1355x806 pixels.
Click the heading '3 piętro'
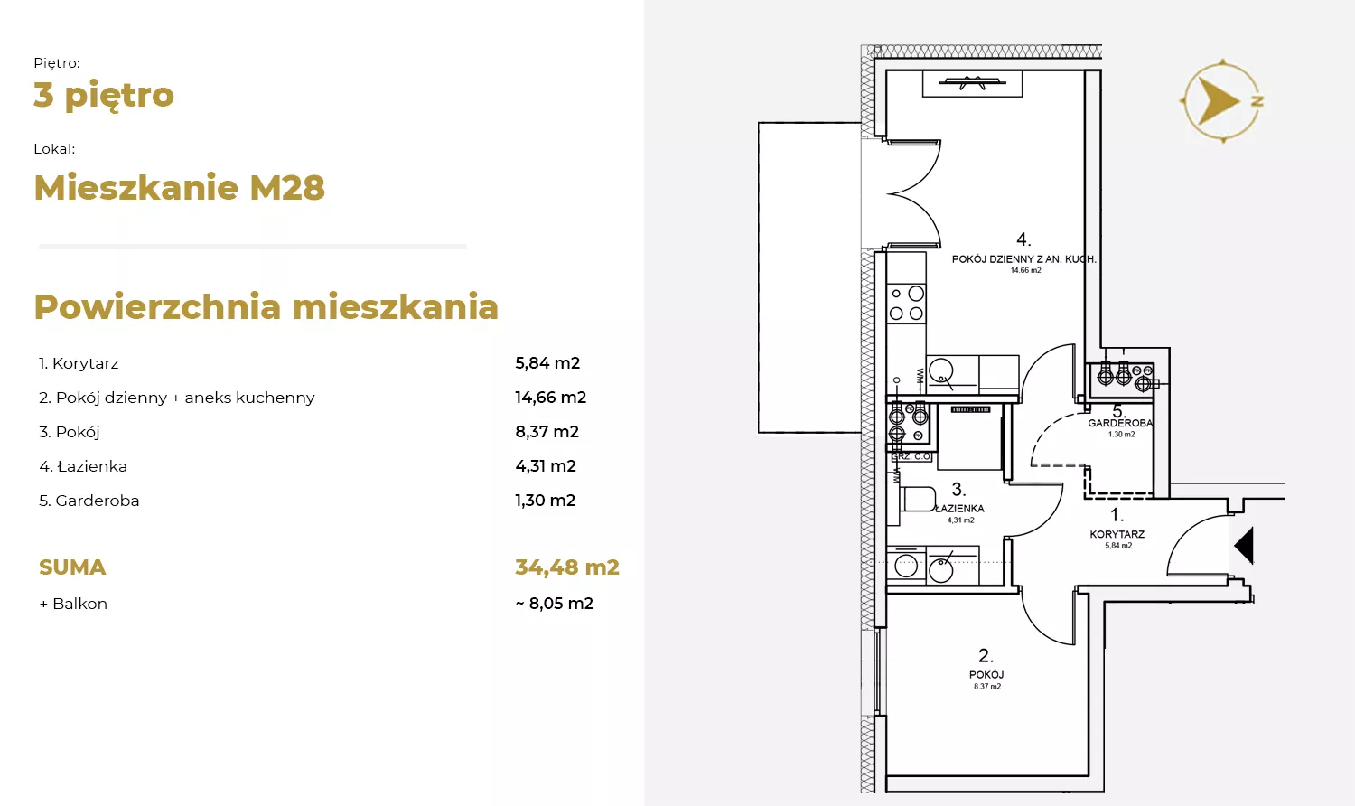[x=104, y=96]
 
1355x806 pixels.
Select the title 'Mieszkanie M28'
[x=180, y=188]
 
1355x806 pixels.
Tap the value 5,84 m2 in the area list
[x=547, y=363]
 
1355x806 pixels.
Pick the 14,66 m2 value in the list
[x=550, y=398]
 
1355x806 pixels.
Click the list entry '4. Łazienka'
[x=83, y=466]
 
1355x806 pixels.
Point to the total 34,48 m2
[x=566, y=567]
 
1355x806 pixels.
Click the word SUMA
[x=72, y=567]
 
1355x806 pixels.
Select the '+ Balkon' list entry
[x=73, y=604]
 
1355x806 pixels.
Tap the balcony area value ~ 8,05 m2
[x=554, y=604]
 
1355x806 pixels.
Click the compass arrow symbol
[x=1216, y=100]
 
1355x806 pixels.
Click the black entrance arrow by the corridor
[x=1244, y=545]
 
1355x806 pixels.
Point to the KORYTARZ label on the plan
[x=1117, y=534]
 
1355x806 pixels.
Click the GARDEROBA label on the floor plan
[x=1120, y=423]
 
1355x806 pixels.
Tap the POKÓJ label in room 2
[x=986, y=675]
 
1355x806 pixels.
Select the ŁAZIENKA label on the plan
[x=960, y=509]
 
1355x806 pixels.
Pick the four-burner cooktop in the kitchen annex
[x=906, y=304]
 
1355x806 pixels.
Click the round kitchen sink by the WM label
[x=941, y=370]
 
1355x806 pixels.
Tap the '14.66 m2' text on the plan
[x=1026, y=270]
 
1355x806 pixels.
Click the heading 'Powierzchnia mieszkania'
[x=266, y=307]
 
